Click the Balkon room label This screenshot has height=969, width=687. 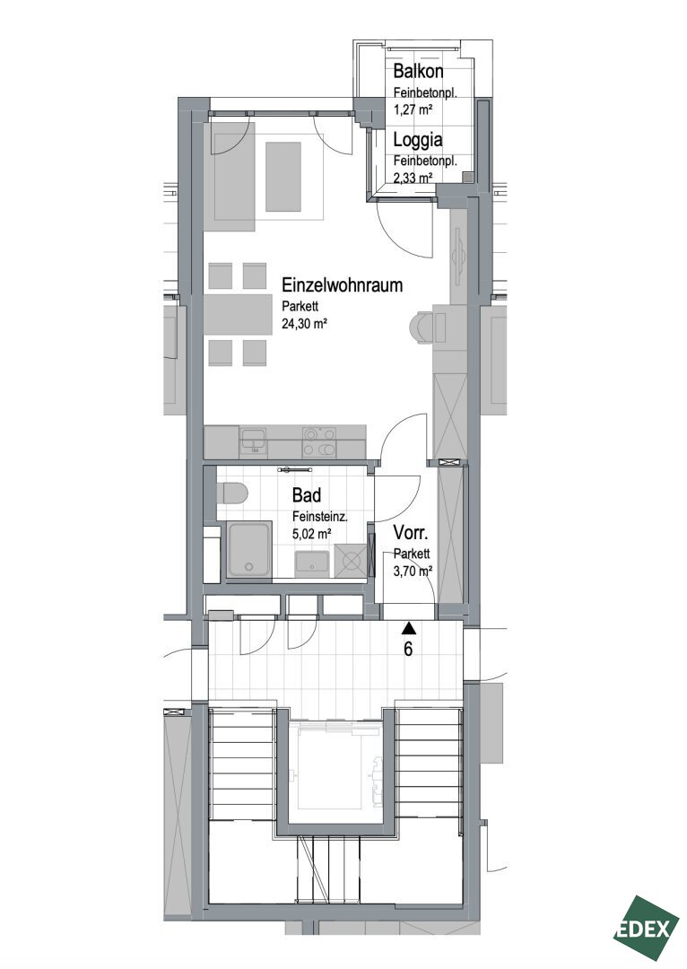pyautogui.click(x=418, y=71)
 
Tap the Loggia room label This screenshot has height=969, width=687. pyautogui.click(x=418, y=140)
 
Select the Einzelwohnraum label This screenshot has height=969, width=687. pyautogui.click(x=343, y=285)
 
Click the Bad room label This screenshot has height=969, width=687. pyautogui.click(x=307, y=495)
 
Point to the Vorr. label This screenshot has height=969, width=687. pyautogui.click(x=410, y=532)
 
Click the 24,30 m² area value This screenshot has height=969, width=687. pyautogui.click(x=304, y=323)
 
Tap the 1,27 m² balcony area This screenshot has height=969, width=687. pyautogui.click(x=413, y=110)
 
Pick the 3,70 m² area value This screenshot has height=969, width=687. pyautogui.click(x=413, y=572)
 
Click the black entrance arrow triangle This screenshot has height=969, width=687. pyautogui.click(x=408, y=629)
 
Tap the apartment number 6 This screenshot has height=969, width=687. pyautogui.click(x=408, y=650)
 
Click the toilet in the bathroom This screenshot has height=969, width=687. pyautogui.click(x=232, y=494)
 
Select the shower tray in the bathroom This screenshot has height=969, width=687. pyautogui.click(x=249, y=550)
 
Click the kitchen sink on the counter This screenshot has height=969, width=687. pyautogui.click(x=253, y=441)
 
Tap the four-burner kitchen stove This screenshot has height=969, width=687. pyautogui.click(x=318, y=442)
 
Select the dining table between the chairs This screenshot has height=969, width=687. pyautogui.click(x=238, y=315)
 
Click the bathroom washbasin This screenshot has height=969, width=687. pyautogui.click(x=312, y=563)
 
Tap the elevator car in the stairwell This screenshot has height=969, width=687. pyautogui.click(x=334, y=767)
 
